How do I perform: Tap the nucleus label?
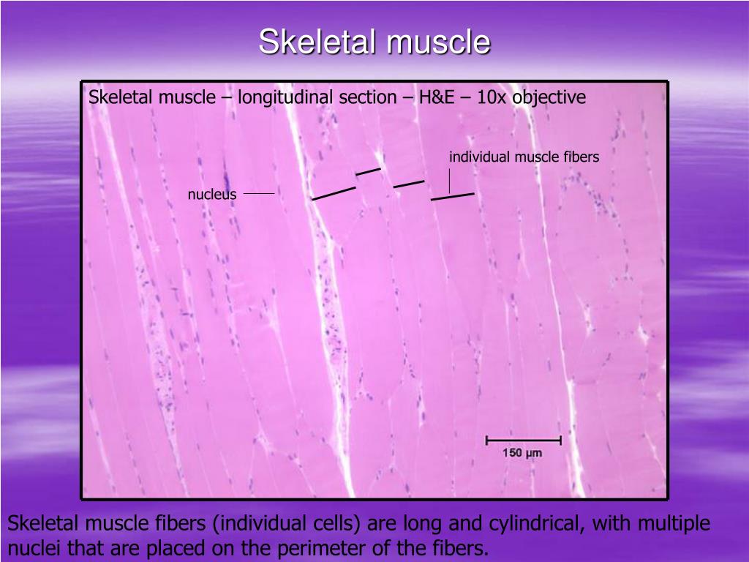pyautogui.click(x=212, y=194)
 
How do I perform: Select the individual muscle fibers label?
pyautogui.click(x=524, y=157)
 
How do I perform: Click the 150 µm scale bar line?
pyautogui.click(x=523, y=441)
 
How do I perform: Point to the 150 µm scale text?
pyautogui.click(x=522, y=454)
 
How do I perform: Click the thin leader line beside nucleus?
pyautogui.click(x=258, y=194)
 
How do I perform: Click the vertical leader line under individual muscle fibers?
pyautogui.click(x=449, y=180)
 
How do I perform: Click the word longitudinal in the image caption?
pyautogui.click(x=279, y=97)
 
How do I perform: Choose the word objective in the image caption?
pyautogui.click(x=549, y=97)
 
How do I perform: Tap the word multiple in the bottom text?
pyautogui.click(x=672, y=524)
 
